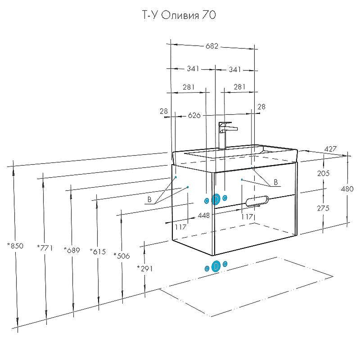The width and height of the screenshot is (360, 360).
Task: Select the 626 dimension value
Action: click(194, 116)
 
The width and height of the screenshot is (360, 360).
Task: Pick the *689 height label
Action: click(72, 250)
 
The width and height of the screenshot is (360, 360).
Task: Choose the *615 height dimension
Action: click(97, 252)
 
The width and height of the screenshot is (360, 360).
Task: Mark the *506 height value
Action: click(121, 256)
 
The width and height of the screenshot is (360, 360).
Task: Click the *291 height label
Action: click(145, 269)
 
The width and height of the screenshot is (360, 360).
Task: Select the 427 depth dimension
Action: click(331, 149)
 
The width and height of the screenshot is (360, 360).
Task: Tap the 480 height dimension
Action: click(347, 189)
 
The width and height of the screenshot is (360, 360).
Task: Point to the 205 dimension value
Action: click(323, 173)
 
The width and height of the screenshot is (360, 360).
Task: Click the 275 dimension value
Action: click(323, 208)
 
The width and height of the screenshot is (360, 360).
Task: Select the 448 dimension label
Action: click(204, 216)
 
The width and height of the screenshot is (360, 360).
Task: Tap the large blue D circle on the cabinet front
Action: click(216, 199)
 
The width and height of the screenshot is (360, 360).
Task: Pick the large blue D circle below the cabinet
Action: click(216, 266)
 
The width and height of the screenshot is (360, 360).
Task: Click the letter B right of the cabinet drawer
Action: click(276, 183)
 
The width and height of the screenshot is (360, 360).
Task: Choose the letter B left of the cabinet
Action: click(149, 200)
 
